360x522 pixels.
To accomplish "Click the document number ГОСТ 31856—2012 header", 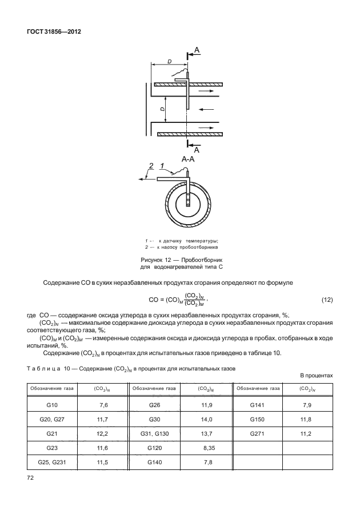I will pos(54,32).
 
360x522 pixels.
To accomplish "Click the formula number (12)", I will pos(327,300).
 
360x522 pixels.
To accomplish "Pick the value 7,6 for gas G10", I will pos(102,405).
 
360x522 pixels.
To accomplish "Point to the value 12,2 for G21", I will pos(102,434).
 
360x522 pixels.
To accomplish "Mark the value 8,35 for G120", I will pos(206,448).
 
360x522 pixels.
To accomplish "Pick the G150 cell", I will pos(258,420).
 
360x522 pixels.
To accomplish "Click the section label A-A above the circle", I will pos(189,160).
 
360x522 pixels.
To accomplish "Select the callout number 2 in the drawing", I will pos(151,166).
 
